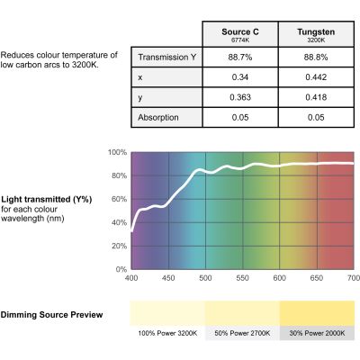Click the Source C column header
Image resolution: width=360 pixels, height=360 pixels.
[240, 34]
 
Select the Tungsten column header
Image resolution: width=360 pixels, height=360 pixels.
[316, 34]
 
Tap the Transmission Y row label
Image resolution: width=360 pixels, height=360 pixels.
[166, 57]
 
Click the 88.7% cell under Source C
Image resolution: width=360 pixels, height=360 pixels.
[240, 57]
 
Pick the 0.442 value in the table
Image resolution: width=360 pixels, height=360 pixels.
[316, 77]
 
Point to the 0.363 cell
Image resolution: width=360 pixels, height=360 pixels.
[240, 97]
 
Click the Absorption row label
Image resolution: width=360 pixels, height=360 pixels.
[158, 117]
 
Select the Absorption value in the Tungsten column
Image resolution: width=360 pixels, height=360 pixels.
[316, 117]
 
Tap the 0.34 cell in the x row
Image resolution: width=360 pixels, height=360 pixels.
[240, 77]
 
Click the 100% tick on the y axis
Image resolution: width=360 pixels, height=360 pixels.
[117, 152]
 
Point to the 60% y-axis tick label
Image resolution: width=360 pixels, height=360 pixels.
[119, 199]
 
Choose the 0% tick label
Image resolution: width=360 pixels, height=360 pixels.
[121, 269]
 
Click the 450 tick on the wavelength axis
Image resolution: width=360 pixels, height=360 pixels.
[168, 278]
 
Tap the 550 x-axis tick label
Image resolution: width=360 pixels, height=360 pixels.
[242, 278]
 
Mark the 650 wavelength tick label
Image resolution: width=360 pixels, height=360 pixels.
[317, 278]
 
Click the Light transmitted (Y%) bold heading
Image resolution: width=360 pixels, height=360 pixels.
[47, 200]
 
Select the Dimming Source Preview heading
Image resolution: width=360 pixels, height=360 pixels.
[51, 315]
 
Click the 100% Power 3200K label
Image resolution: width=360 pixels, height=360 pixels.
[167, 333]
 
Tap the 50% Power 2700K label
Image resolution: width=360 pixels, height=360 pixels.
[242, 333]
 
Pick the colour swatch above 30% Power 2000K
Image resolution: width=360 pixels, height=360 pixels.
[317, 313]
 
